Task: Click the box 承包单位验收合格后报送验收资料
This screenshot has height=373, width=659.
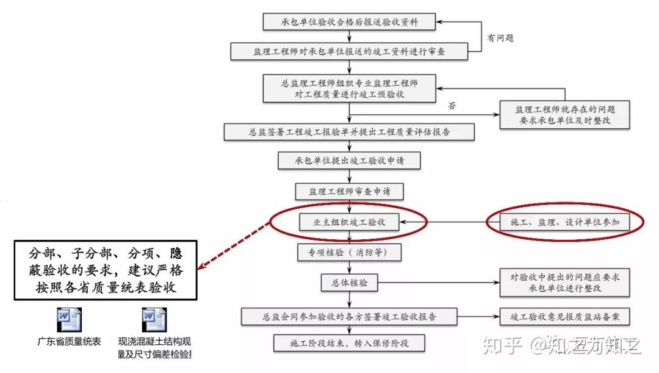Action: (350, 22)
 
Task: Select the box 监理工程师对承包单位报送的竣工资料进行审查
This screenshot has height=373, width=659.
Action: (349, 51)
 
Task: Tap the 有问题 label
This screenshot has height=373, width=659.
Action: (500, 38)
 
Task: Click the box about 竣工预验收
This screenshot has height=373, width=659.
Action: (349, 88)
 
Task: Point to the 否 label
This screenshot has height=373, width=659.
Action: (452, 106)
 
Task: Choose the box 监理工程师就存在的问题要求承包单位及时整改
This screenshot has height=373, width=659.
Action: (564, 114)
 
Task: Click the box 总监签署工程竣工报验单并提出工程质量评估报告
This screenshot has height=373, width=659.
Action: (349, 131)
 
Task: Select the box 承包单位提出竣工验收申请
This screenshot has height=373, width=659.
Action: (349, 161)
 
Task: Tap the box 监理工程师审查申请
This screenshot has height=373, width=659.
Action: (349, 191)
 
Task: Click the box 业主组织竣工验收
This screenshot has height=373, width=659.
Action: (349, 223)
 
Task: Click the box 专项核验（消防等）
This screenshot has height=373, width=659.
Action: (349, 252)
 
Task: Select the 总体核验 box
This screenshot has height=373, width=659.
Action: (349, 283)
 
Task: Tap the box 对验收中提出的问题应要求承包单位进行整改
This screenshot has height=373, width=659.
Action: (564, 283)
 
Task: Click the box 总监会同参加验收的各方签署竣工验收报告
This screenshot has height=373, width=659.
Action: (349, 316)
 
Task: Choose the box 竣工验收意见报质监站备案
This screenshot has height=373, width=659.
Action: (564, 316)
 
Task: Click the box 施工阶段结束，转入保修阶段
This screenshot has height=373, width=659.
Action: (349, 343)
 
